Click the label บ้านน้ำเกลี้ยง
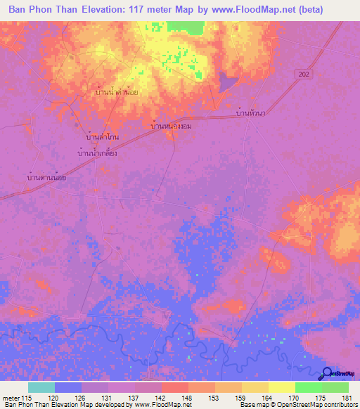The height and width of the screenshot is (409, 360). tap(96, 152)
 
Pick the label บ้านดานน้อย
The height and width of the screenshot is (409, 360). tap(46, 177)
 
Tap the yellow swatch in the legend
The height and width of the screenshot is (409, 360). tap(281, 387)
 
